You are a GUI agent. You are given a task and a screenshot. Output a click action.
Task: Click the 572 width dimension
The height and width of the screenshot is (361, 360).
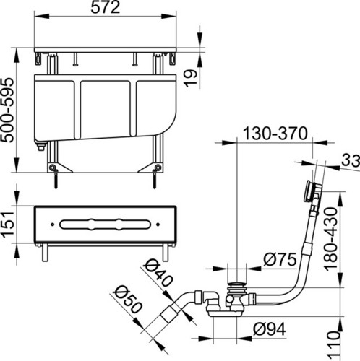point(106,7)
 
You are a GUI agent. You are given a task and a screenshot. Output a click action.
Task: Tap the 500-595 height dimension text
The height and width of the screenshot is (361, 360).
point(7,110)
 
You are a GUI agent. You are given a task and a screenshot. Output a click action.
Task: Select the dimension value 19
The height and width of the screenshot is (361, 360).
point(191,78)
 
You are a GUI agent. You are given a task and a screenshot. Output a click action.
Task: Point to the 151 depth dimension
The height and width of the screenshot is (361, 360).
point(7,225)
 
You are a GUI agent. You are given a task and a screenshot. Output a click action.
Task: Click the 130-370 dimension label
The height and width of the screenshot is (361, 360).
point(275,133)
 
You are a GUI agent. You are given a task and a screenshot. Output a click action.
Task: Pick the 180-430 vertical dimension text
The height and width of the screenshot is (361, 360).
point(331,239)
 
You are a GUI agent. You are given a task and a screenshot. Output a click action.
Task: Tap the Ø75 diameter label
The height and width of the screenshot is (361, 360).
point(280,259)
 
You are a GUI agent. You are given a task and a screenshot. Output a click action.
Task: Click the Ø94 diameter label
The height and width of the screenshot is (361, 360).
point(270,329)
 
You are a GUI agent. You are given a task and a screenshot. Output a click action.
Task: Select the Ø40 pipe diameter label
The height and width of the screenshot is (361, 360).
point(158,273)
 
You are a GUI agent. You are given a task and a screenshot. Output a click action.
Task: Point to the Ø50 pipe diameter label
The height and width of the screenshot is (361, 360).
point(128,299)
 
